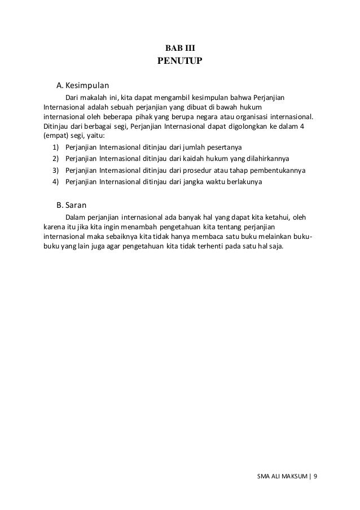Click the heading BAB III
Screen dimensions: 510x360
[x=179, y=49]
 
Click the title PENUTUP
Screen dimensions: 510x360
[x=179, y=61]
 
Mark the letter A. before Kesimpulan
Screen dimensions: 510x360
[x=59, y=86]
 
